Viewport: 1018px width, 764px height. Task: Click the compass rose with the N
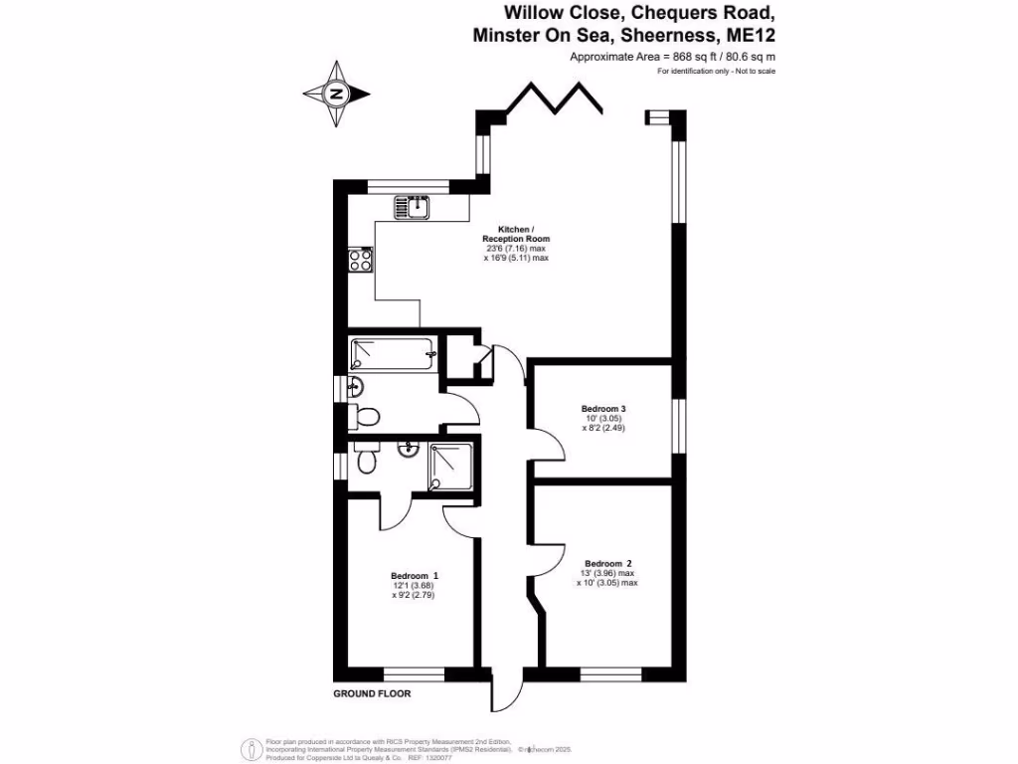coord(336,95)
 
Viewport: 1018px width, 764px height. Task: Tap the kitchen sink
coord(412,207)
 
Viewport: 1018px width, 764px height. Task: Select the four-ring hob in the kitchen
coord(361,259)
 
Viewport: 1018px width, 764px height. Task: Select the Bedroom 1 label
coord(415,576)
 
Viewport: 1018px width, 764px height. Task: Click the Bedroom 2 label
coord(607,562)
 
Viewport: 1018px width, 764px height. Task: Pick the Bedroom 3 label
coord(603,409)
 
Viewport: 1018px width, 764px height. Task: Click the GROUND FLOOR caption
coord(372,693)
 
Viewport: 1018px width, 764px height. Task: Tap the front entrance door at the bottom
coord(505,688)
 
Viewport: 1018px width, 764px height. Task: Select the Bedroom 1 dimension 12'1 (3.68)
coord(414,586)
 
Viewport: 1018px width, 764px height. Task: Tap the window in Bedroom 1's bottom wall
coord(414,672)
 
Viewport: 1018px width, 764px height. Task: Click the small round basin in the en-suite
coord(408,450)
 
